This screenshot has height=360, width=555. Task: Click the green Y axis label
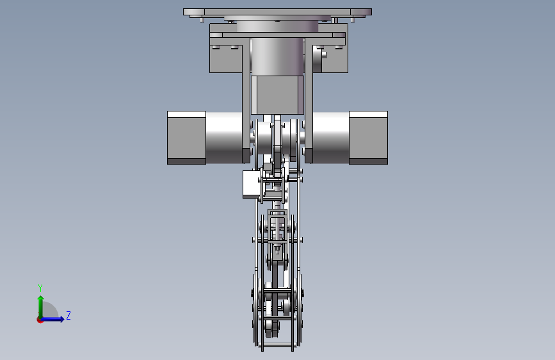coord(40,288)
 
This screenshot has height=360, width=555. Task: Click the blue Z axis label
coord(68,315)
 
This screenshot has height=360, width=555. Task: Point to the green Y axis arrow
coord(41,307)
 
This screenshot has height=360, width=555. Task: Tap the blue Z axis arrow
coord(52,319)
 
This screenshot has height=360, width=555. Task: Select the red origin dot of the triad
coord(40,320)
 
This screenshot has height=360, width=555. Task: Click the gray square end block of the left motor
coord(186,138)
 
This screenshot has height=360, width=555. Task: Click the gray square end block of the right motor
coord(368,138)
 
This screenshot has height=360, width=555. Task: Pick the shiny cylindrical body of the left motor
coord(224,138)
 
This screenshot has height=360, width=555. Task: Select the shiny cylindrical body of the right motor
coord(331,138)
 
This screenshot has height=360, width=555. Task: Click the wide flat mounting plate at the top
coord(277,12)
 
